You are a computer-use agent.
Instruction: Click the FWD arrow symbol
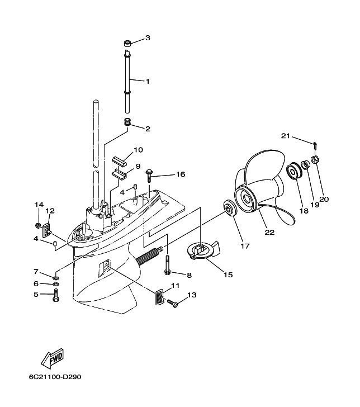click(53, 358)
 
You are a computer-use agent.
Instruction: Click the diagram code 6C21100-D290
click(55, 377)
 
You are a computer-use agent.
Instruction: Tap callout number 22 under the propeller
click(269, 232)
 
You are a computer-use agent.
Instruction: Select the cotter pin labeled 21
click(315, 145)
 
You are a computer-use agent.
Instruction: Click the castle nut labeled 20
click(315, 160)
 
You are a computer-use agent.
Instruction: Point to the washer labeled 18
click(295, 171)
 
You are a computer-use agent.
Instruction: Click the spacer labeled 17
click(230, 208)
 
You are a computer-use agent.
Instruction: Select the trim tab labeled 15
click(203, 250)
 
